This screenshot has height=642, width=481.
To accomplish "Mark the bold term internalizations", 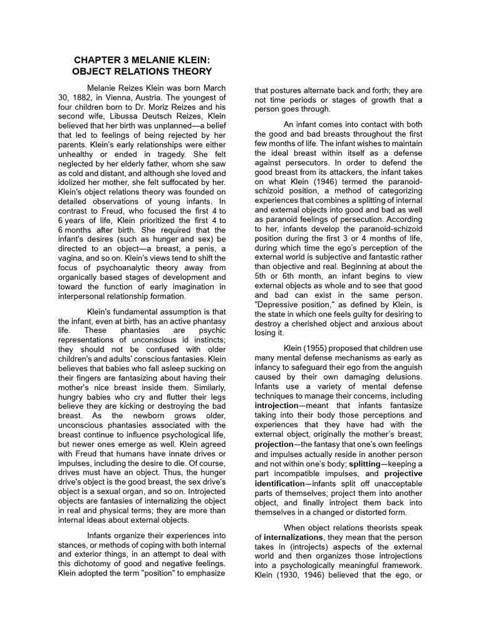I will (x=293, y=537).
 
